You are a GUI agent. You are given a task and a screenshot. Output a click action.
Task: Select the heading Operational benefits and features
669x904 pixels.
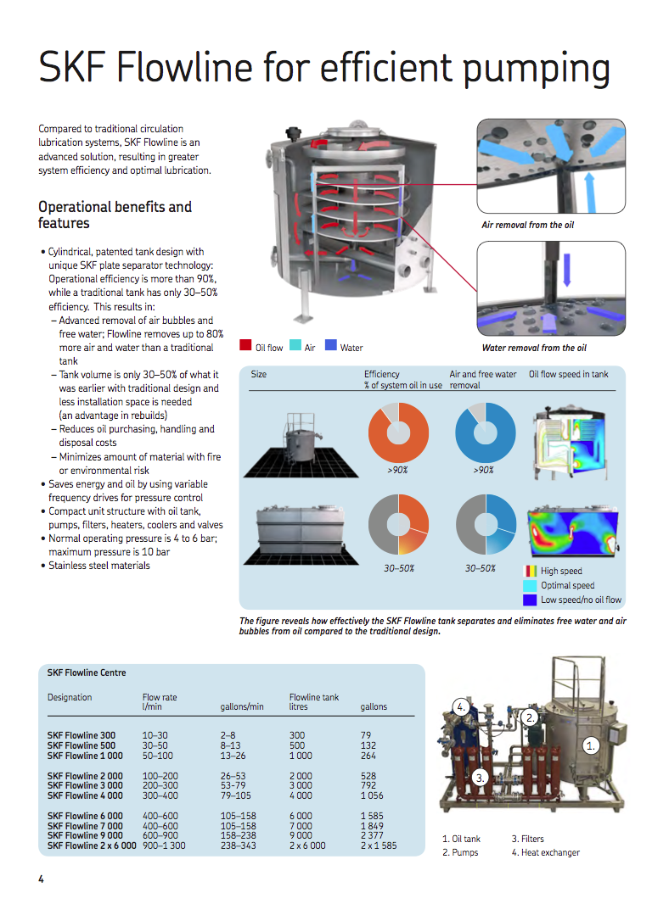pyautogui.click(x=115, y=215)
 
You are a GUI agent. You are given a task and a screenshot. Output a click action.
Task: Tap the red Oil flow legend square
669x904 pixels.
pyautogui.click(x=245, y=347)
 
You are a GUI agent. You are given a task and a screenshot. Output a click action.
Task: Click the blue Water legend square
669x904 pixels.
pyautogui.click(x=331, y=347)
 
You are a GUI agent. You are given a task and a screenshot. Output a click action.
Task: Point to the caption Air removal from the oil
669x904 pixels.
pyautogui.click(x=527, y=225)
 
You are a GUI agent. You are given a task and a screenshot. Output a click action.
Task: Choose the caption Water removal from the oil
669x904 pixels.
pyautogui.click(x=533, y=348)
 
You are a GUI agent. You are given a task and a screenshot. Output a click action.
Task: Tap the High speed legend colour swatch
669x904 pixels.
pyautogui.click(x=530, y=572)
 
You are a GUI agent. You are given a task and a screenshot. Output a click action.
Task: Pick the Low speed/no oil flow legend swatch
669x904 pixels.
pyautogui.click(x=530, y=600)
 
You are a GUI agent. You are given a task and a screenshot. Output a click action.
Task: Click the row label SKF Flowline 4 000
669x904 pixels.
pyautogui.click(x=85, y=795)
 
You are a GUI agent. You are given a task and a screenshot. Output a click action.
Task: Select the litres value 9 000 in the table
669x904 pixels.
pyautogui.click(x=301, y=835)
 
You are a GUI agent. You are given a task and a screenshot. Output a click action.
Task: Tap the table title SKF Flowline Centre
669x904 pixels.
pyautogui.click(x=87, y=672)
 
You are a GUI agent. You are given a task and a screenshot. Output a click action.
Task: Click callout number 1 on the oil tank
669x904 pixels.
pyautogui.click(x=592, y=745)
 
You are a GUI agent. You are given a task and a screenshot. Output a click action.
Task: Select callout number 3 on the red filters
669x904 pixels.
pyautogui.click(x=479, y=777)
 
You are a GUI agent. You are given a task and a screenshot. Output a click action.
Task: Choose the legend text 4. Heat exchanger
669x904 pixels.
pyautogui.click(x=545, y=852)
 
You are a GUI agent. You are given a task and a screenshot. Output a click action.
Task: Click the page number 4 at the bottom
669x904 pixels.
pyautogui.click(x=41, y=879)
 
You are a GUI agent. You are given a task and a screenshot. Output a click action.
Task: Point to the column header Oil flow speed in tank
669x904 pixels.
pyautogui.click(x=568, y=374)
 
